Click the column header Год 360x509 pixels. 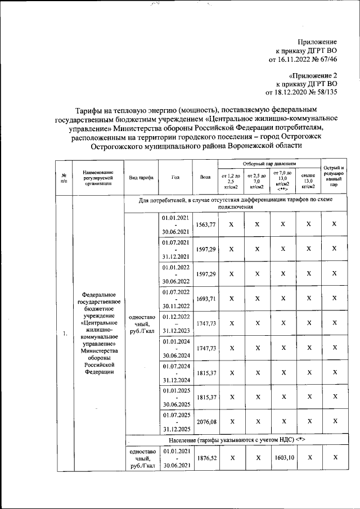(x=175, y=177)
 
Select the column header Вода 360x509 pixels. (x=205, y=177)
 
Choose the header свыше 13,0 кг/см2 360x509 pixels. (x=308, y=180)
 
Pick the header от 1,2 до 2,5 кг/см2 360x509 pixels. (x=230, y=180)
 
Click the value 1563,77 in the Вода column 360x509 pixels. (x=205, y=224)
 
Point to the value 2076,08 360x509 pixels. (x=205, y=421)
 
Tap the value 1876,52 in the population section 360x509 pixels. (x=205, y=458)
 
